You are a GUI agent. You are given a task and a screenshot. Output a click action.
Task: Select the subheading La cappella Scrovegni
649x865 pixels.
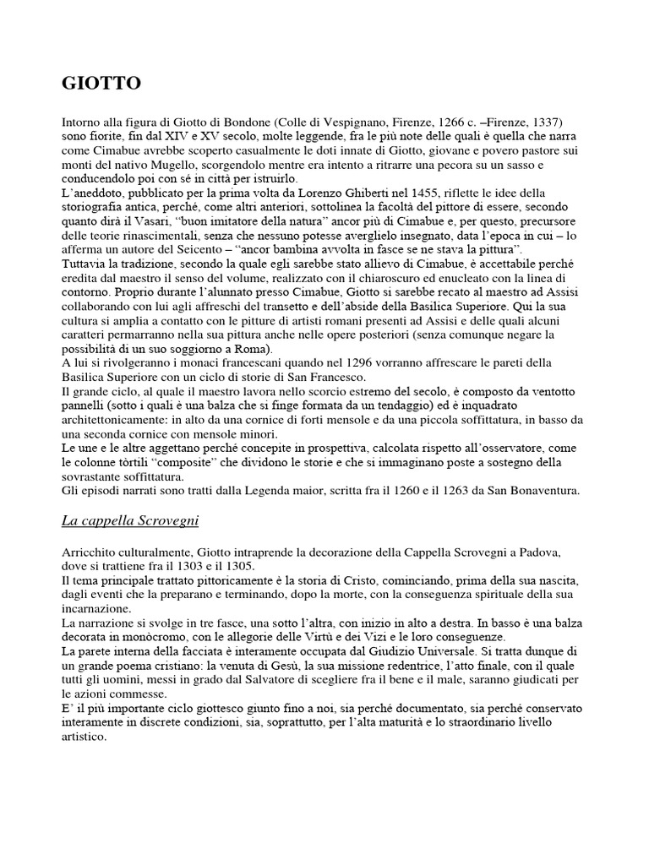point(130,520)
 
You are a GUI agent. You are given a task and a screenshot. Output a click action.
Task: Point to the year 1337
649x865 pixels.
point(546,122)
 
